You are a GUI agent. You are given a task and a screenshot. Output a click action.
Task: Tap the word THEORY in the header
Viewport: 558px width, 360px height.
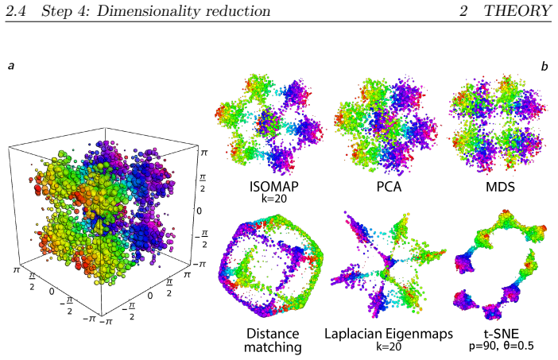pos(517,10)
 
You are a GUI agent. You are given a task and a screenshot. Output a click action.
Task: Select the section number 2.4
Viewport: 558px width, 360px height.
pos(16,11)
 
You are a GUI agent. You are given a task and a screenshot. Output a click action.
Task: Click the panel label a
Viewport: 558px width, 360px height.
pos(11,66)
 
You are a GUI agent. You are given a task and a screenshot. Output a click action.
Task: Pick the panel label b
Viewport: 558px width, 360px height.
pos(544,66)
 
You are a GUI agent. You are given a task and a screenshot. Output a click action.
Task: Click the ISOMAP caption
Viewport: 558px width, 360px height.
pos(273,187)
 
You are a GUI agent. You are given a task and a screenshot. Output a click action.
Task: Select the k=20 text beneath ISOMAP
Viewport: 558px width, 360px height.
pos(273,199)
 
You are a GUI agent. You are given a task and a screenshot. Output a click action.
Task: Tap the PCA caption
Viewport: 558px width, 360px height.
pos(389,187)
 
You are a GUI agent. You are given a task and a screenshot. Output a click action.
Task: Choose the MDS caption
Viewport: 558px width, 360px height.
pos(500,187)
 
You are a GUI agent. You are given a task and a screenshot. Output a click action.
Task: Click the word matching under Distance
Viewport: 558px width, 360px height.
pos(273,347)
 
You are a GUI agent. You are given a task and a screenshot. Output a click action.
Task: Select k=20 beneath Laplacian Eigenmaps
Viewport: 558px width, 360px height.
pos(389,346)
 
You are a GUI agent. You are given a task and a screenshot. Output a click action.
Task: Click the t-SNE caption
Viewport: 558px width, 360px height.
pos(501,334)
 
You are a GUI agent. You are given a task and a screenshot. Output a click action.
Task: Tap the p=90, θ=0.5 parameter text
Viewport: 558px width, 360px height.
pos(501,346)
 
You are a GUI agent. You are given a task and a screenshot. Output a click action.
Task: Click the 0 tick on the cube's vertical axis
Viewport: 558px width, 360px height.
pos(199,211)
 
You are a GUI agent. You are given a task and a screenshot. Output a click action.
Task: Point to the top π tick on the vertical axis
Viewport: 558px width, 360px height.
pos(203,153)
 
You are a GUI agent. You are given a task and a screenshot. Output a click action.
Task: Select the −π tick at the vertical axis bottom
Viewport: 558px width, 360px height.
pos(199,265)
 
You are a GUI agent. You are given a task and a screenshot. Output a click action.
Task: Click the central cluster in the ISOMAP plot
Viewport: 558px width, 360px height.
pos(269,122)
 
